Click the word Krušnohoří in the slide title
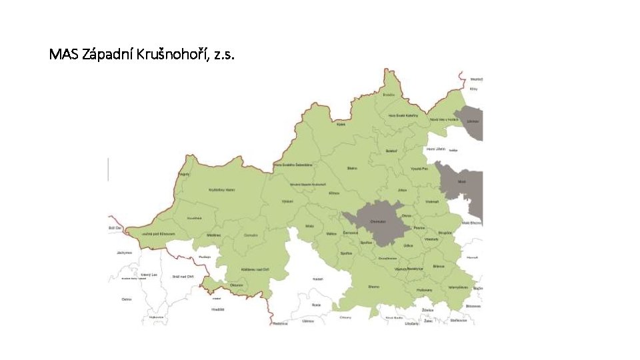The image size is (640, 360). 170,54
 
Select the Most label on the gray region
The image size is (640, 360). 461,181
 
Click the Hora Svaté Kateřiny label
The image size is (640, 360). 403,115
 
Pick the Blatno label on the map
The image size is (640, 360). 352,169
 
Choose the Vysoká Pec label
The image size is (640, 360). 418,169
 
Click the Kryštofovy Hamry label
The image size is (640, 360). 221,189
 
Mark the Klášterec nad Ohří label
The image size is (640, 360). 255,269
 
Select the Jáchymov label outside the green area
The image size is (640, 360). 124,253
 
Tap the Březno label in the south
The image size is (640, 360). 373,287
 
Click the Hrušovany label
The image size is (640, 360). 425,290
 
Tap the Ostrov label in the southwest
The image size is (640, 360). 127,299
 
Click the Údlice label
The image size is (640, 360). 409,245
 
